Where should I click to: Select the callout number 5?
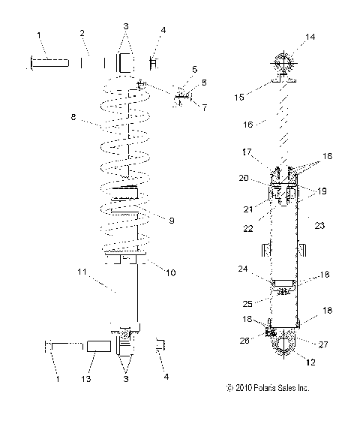click(193, 69)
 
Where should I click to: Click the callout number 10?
click(172, 272)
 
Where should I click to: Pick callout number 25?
click(247, 303)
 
